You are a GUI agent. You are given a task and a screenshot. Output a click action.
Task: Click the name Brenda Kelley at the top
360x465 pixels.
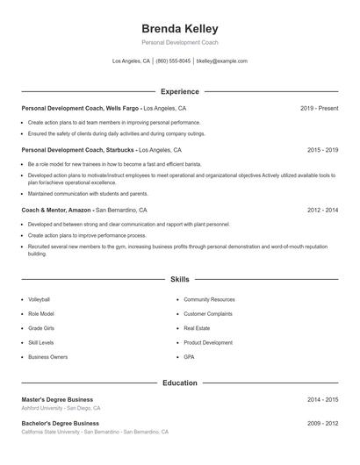pyautogui.click(x=180, y=28)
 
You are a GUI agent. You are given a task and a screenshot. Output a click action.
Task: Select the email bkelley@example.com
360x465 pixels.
pyautogui.click(x=222, y=61)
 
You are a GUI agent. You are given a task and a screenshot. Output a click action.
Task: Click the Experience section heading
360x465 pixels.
pyautogui.click(x=180, y=91)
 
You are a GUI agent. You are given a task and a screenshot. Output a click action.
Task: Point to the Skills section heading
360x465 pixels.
pyautogui.click(x=180, y=279)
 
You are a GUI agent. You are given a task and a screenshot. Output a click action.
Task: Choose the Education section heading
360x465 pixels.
pyautogui.click(x=180, y=383)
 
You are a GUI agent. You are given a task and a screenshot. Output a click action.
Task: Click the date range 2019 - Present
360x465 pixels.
pyautogui.click(x=319, y=108)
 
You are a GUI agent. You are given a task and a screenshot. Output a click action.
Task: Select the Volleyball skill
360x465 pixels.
pyautogui.click(x=39, y=299)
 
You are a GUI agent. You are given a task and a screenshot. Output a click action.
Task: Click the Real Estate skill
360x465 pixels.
pyautogui.click(x=197, y=328)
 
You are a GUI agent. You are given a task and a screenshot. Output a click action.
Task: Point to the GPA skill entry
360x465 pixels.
pyautogui.click(x=189, y=357)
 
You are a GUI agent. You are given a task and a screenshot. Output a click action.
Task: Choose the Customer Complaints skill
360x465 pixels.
pyautogui.click(x=208, y=313)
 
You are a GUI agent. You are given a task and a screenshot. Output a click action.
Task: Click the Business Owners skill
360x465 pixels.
pyautogui.click(x=47, y=357)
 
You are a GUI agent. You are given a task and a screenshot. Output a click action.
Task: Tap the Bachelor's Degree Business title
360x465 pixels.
pyautogui.click(x=61, y=424)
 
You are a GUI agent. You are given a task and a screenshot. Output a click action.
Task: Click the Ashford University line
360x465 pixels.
pyautogui.click(x=61, y=409)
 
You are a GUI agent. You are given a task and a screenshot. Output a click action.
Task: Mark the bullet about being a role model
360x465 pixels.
pyautogui.click(x=114, y=164)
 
